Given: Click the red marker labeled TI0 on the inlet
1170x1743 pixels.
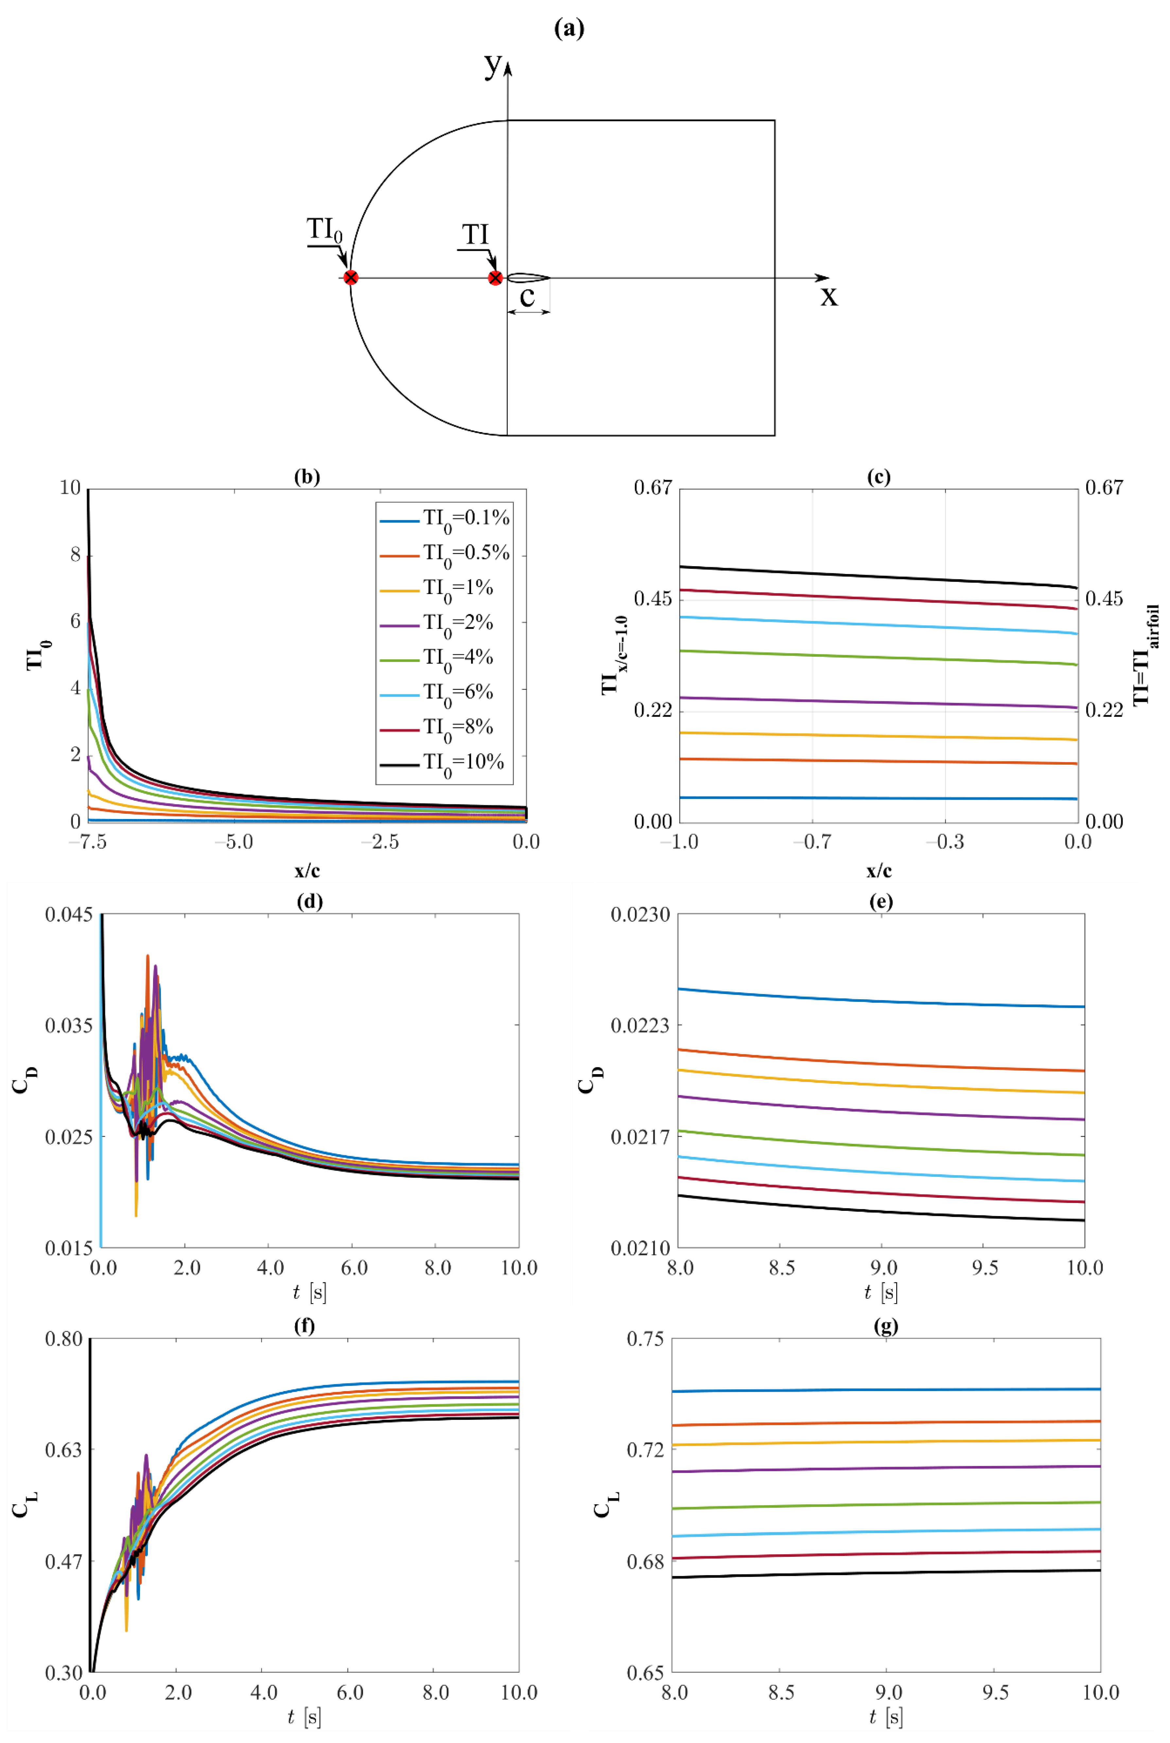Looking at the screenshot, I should pos(351,278).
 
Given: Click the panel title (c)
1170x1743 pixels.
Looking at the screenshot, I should pos(879,477).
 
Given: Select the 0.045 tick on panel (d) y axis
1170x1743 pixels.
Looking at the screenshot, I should pos(69,915).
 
